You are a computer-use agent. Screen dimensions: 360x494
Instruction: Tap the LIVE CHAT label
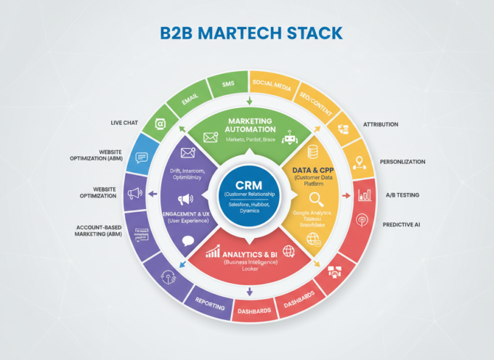(124, 123)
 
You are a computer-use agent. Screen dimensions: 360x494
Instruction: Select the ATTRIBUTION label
(380, 124)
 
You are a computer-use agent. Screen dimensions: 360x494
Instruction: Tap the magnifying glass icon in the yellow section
(315, 198)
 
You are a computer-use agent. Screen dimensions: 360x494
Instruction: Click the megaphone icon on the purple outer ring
(134, 194)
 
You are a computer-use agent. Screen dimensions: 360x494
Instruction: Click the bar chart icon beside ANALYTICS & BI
(213, 251)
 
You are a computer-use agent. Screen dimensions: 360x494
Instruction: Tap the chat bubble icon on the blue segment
(142, 157)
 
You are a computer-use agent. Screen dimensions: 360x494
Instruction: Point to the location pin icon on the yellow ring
(359, 164)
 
